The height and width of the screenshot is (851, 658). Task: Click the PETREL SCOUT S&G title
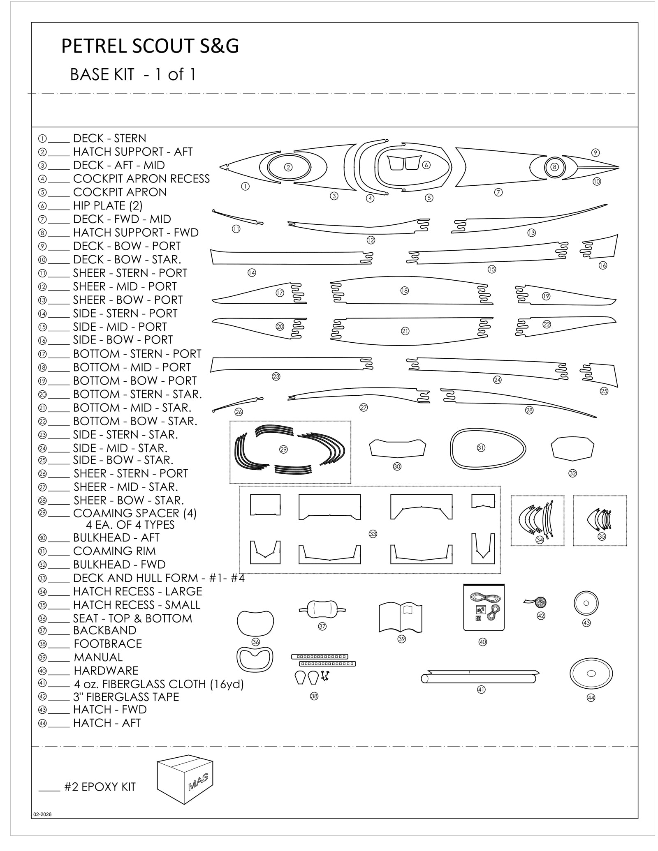pos(150,46)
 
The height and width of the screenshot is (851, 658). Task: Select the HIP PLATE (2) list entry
pos(107,205)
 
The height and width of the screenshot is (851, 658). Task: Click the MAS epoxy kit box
pos(185,780)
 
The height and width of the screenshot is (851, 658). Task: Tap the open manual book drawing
pos(400,617)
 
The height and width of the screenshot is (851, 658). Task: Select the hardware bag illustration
pos(484,607)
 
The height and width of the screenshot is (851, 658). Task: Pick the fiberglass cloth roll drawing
pos(480,676)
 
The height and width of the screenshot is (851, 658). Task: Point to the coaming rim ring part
pos(488,449)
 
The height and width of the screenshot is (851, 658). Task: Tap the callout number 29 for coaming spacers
pos(283,450)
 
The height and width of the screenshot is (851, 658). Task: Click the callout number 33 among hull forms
pos(373,534)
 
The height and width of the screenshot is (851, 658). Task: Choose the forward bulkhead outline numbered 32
pos(572,449)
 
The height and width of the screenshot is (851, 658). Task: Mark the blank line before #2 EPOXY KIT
pos(49,789)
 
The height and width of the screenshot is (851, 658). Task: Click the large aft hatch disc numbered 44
pos(591,674)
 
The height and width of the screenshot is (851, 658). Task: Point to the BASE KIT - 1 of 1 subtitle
pos(133,75)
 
